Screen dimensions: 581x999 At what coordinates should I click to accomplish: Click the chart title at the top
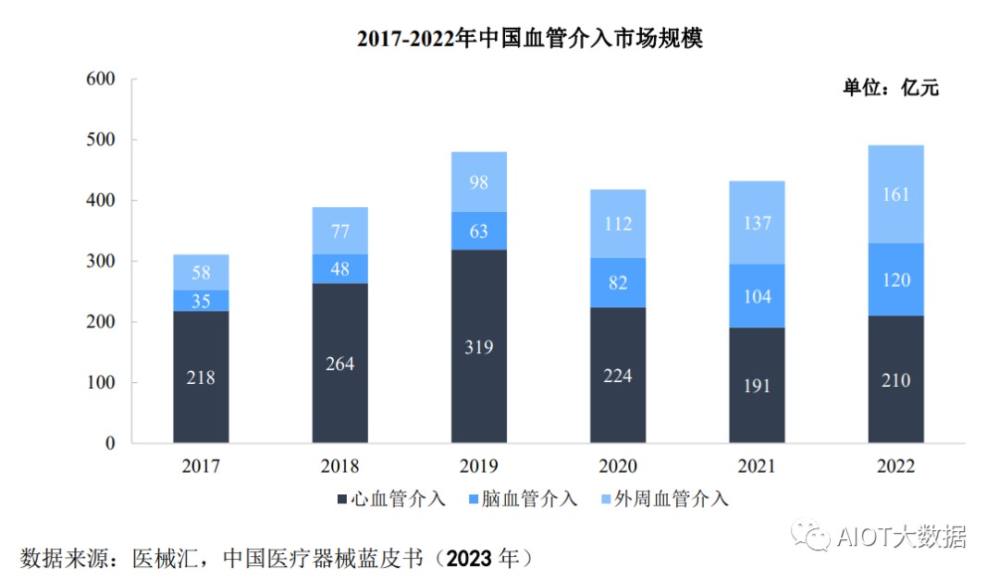click(530, 39)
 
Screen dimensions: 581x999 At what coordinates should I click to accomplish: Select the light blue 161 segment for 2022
click(895, 194)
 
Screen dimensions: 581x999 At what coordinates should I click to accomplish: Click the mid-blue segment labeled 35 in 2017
click(201, 301)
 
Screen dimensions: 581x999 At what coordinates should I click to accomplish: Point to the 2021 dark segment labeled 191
click(757, 385)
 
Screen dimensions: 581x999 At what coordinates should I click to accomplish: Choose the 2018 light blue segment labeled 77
click(339, 231)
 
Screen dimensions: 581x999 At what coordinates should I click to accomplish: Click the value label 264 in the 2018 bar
click(339, 363)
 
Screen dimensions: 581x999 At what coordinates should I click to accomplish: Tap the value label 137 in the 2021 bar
click(757, 223)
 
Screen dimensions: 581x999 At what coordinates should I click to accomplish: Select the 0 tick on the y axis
click(109, 443)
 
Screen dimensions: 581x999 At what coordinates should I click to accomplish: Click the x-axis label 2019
click(479, 466)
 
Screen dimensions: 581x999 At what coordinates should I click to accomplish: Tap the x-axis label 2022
click(895, 466)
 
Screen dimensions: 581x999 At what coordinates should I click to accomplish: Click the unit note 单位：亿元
click(890, 89)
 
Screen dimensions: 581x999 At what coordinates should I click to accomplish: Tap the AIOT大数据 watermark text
click(901, 537)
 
